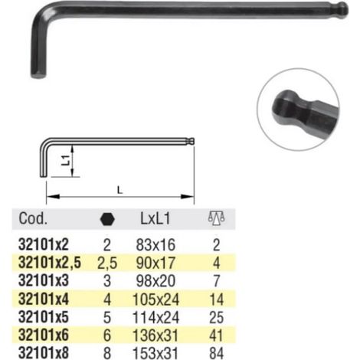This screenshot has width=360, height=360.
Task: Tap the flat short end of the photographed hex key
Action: coord(38,75)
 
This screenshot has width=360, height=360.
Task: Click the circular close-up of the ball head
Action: coord(298,110)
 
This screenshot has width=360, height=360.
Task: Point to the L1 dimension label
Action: coord(66,160)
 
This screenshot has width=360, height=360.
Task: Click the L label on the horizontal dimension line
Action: coord(119,190)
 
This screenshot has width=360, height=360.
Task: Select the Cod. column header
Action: coord(33,218)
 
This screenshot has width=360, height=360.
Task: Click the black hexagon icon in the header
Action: coord(107,219)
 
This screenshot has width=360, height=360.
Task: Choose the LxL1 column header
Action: coord(155,219)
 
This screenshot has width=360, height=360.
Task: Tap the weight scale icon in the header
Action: coord(216,218)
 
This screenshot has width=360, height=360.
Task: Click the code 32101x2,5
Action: coord(50,263)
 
